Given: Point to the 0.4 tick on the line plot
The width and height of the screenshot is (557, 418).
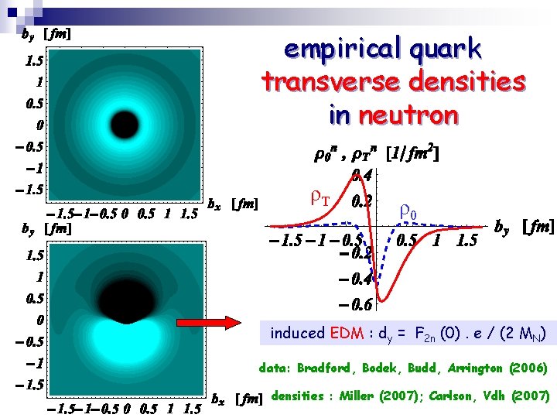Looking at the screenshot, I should pyautogui.click(x=362, y=176).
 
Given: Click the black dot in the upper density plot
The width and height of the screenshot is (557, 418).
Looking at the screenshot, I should pyautogui.click(x=122, y=122).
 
